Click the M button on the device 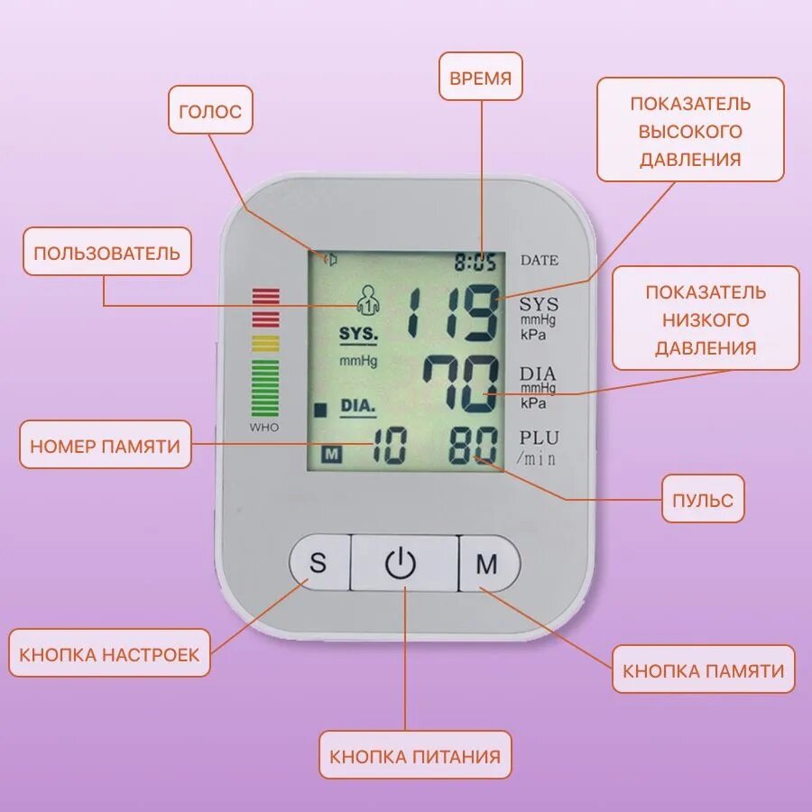487,565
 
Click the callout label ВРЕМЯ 481,78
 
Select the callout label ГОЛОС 210,112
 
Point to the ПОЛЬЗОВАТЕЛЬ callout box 107,252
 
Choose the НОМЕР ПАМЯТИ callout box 106,445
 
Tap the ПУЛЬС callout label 703,499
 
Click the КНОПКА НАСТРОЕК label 109,654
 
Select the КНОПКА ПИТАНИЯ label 414,755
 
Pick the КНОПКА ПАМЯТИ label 704,670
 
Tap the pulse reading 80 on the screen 475,446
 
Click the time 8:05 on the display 475,263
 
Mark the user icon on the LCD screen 365,299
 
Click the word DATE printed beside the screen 540,261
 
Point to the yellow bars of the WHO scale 265,343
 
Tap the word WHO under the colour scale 264,427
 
